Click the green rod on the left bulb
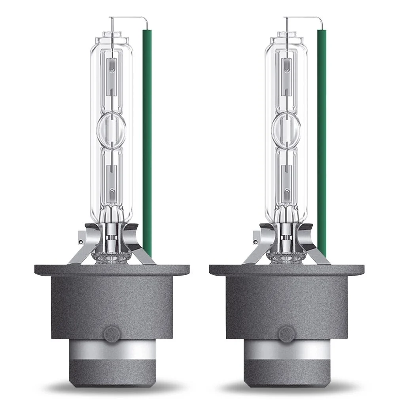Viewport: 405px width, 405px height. click(147, 138)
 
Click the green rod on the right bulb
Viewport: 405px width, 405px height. click(322, 138)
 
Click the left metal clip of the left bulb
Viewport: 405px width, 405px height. click(81, 247)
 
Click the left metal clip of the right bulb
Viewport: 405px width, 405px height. click(256, 247)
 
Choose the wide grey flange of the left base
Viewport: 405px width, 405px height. click(112, 271)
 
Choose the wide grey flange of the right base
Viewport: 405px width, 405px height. click(286, 271)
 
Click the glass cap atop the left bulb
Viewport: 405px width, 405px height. click(112, 39)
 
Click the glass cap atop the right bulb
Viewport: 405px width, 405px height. click(286, 39)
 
